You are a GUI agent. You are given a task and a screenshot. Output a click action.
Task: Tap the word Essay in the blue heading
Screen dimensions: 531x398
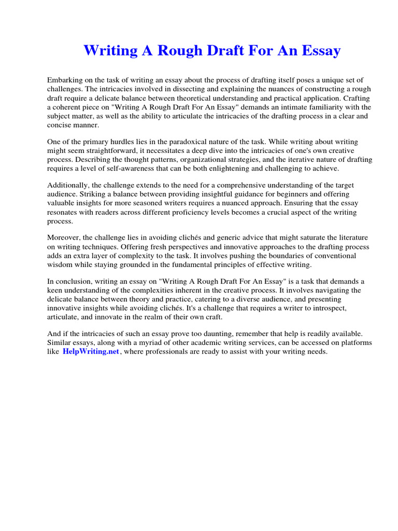point(317,51)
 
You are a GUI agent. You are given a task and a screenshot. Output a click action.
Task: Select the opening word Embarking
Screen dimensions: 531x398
point(64,80)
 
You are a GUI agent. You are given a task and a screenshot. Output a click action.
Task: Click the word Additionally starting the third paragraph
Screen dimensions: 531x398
point(68,186)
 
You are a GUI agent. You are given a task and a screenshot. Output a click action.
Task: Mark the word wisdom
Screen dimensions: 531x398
point(60,264)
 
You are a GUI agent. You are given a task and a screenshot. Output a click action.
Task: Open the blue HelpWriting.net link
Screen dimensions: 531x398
point(91,352)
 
